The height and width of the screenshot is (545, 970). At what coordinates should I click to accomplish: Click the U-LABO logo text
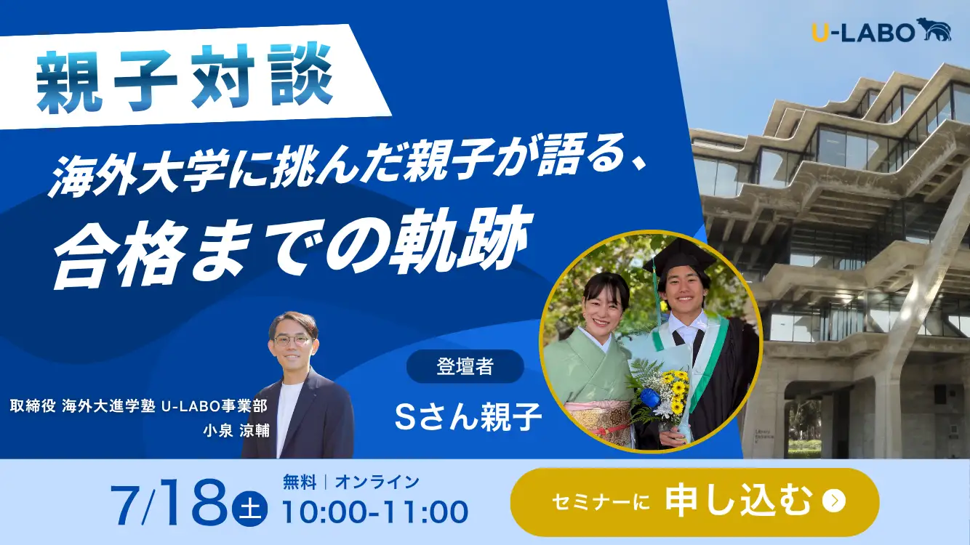pos(862,32)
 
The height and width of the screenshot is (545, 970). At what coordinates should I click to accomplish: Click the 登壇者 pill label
pos(465,367)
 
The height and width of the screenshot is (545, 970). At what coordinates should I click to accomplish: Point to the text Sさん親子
pos(468,416)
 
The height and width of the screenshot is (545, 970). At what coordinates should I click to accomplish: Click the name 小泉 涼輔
pos(236,431)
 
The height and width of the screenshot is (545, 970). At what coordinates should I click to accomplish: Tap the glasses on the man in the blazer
pos(292,340)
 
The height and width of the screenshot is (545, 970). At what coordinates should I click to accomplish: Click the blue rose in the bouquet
pos(649,396)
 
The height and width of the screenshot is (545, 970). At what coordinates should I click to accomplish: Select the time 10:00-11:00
pos(375,512)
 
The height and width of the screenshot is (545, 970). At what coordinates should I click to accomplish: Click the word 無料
pos(300,482)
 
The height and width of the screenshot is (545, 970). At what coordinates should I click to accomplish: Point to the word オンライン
pos(377,482)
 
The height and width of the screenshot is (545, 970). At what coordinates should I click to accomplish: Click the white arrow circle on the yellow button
pos(833,501)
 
